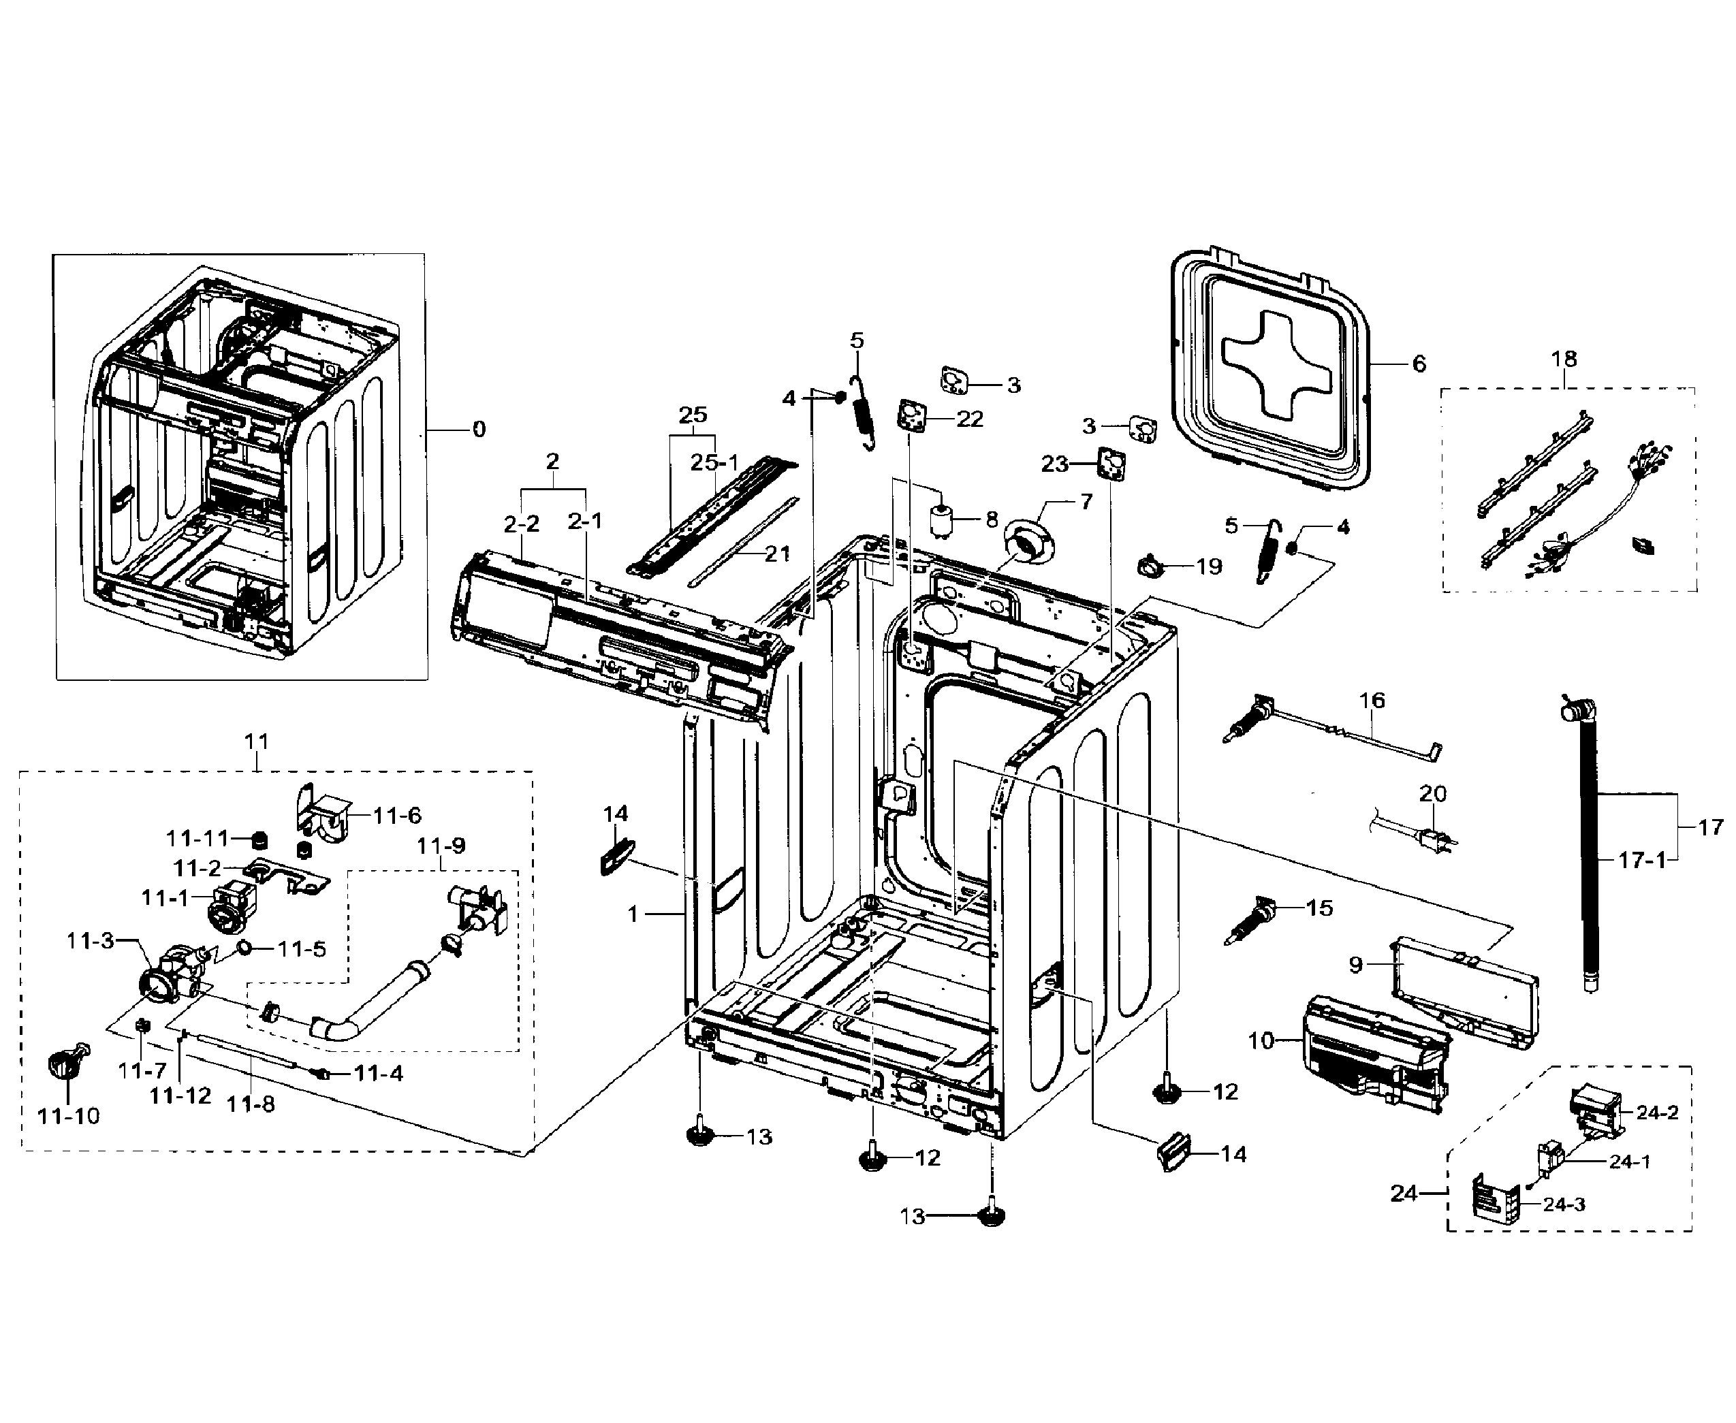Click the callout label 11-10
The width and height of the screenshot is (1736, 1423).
click(x=68, y=1116)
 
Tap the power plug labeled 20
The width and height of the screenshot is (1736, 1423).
click(x=1432, y=840)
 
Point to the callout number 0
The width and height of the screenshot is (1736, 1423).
click(x=479, y=429)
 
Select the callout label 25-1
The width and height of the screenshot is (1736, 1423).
click(x=714, y=462)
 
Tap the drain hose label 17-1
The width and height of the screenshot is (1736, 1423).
click(x=1643, y=860)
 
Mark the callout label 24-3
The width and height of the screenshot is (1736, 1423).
click(x=1563, y=1205)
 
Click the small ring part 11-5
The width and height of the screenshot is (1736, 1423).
click(x=244, y=948)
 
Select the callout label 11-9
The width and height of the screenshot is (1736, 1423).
click(x=441, y=845)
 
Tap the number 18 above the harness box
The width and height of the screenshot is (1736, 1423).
click(x=1564, y=358)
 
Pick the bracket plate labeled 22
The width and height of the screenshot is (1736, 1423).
click(x=911, y=415)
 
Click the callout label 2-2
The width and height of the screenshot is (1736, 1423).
click(x=521, y=523)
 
